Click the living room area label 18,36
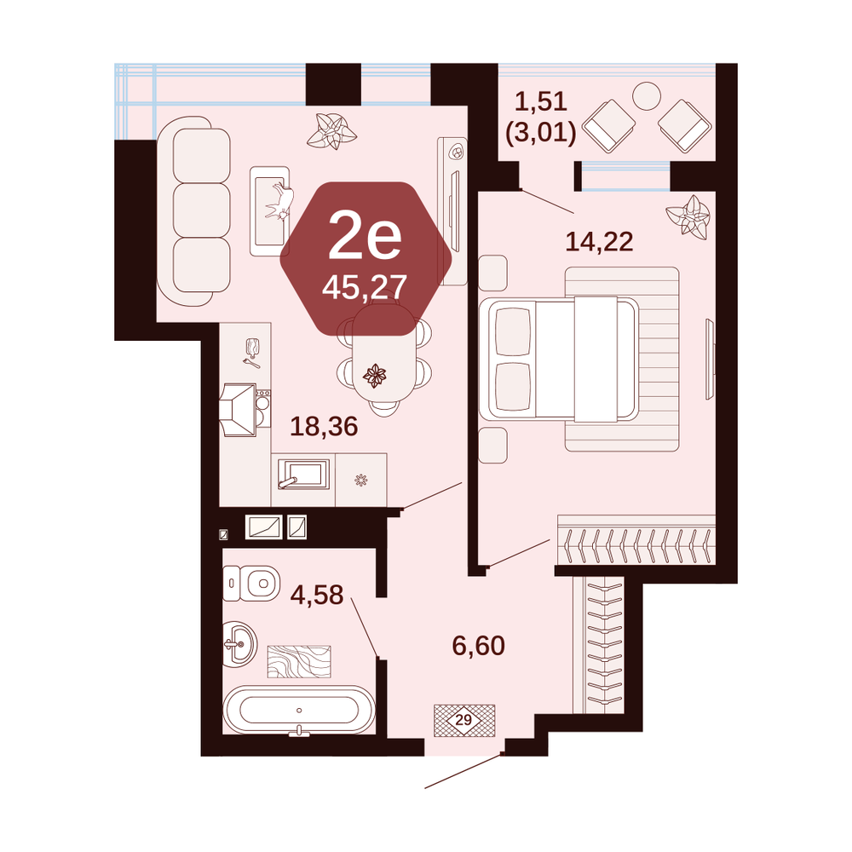pyautogui.click(x=324, y=427)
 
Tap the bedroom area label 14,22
pyautogui.click(x=599, y=241)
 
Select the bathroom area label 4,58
pyautogui.click(x=317, y=595)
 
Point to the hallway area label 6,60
pyautogui.click(x=479, y=646)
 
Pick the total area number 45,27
pyautogui.click(x=365, y=287)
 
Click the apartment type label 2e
pyautogui.click(x=365, y=236)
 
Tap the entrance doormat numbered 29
pyautogui.click(x=464, y=721)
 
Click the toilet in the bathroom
pyautogui.click(x=251, y=583)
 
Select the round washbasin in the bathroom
pyautogui.click(x=239, y=644)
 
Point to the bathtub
pyautogui.click(x=299, y=711)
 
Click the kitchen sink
pyautogui.click(x=303, y=475)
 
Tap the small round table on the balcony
pyautogui.click(x=647, y=96)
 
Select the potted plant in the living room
pyautogui.click(x=331, y=131)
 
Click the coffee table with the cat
pyautogui.click(x=270, y=210)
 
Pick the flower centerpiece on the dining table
pyautogui.click(x=374, y=375)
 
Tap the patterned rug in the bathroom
pyautogui.click(x=299, y=661)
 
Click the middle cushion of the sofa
pyautogui.click(x=202, y=210)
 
